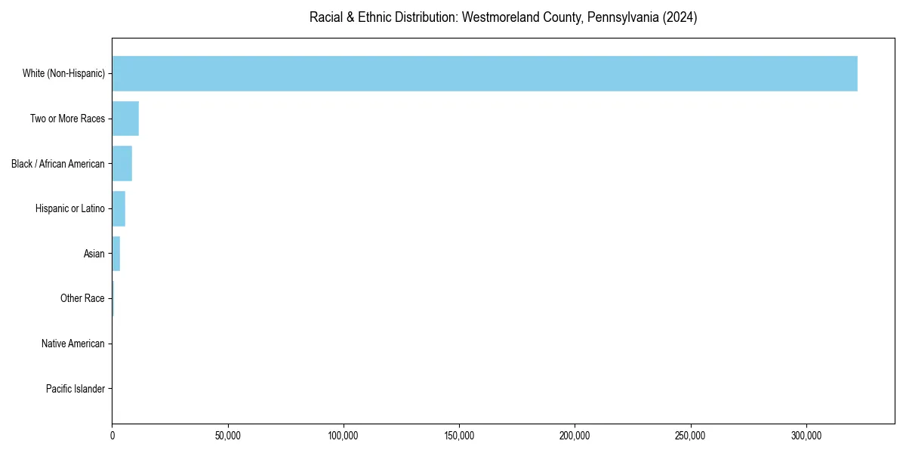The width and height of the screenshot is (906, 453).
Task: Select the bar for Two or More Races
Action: tap(125, 119)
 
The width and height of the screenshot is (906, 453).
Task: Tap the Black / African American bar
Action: tap(122, 164)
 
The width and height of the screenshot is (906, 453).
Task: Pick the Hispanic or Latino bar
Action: tap(119, 208)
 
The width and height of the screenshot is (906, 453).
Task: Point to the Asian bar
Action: tap(116, 254)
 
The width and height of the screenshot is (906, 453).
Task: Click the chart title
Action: tap(503, 17)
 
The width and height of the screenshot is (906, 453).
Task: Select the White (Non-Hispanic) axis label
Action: tap(63, 73)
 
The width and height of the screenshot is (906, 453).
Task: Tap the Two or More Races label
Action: tap(67, 119)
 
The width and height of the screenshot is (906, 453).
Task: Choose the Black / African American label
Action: tap(58, 164)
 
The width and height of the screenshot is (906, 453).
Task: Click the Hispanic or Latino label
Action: tap(70, 208)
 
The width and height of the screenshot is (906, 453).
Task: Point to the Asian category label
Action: tap(94, 254)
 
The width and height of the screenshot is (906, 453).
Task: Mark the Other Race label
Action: tap(82, 299)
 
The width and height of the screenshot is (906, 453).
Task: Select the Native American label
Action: tap(73, 344)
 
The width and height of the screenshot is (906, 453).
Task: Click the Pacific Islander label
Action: tap(75, 389)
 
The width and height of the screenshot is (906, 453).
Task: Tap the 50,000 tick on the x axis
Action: tap(227, 436)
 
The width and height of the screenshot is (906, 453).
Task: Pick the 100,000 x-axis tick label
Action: tap(344, 436)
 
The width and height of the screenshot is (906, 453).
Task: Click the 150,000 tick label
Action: tap(459, 436)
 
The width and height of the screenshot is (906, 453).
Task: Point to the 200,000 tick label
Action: tap(575, 436)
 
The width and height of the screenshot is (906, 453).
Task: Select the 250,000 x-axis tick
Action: tap(690, 436)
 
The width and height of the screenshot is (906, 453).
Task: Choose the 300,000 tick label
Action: tap(806, 436)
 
